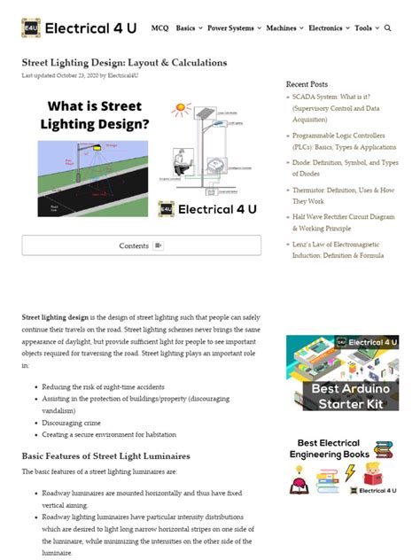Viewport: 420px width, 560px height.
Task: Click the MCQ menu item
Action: [x=159, y=28]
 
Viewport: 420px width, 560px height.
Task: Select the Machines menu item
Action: [x=284, y=28]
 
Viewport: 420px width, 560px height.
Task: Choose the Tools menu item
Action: [x=365, y=28]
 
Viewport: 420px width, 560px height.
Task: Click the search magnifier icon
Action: [x=388, y=28]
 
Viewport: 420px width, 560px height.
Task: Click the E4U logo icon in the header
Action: [x=31, y=27]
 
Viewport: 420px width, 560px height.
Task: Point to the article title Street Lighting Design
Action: [x=124, y=63]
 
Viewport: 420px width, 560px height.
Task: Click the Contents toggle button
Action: [x=141, y=245]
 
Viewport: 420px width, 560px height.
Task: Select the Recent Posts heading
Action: [x=307, y=84]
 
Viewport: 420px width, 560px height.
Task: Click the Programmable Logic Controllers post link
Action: [x=346, y=141]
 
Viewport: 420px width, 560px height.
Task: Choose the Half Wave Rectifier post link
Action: [x=346, y=222]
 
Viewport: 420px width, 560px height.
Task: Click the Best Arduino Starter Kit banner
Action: [x=342, y=372]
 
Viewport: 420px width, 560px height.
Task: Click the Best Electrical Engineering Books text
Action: [x=328, y=448]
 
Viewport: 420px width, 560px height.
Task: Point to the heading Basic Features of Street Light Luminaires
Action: [x=105, y=455]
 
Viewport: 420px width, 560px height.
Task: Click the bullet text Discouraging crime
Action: [x=72, y=423]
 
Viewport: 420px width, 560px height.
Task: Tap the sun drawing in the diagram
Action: [x=181, y=111]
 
